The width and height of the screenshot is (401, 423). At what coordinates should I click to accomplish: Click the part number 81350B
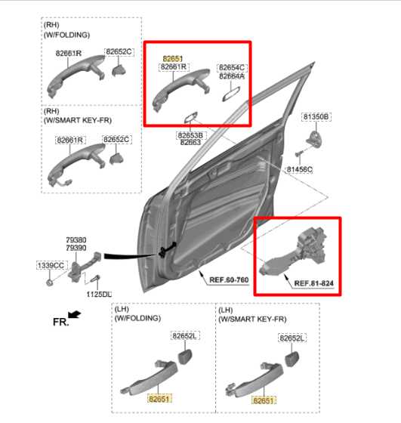click(x=316, y=117)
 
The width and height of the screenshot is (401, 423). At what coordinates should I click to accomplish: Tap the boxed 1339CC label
click(x=51, y=265)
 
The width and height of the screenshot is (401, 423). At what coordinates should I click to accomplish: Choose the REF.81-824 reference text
click(x=313, y=283)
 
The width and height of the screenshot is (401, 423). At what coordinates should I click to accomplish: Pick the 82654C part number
click(x=232, y=67)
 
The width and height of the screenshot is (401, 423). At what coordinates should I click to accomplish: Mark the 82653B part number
click(x=189, y=134)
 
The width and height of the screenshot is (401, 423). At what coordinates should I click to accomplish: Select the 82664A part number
click(x=232, y=76)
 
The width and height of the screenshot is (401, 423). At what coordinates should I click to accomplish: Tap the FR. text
click(x=60, y=322)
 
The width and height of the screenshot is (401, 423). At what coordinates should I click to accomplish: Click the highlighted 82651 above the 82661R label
click(x=173, y=57)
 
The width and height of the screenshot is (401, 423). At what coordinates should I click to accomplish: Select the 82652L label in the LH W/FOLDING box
click(x=184, y=335)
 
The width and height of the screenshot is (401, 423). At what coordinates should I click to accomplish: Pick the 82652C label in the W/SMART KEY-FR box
click(x=117, y=140)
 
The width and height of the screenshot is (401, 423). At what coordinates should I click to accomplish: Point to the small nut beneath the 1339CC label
click(x=48, y=283)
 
